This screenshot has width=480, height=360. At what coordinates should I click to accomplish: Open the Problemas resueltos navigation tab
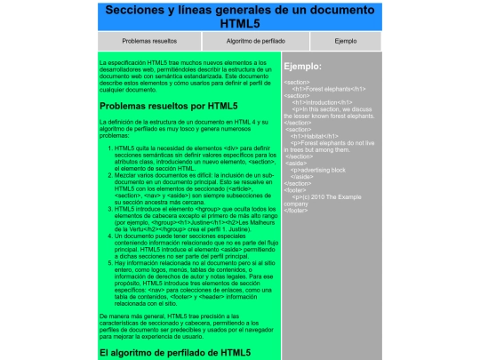(149, 41)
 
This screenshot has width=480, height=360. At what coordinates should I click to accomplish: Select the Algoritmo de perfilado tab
(255, 41)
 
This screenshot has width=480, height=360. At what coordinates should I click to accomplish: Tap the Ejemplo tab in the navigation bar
(345, 41)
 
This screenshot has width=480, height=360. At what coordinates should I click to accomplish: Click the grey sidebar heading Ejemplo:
(302, 67)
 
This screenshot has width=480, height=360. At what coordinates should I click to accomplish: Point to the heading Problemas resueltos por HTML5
(169, 107)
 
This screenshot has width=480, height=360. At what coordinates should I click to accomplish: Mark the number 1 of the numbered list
(109, 147)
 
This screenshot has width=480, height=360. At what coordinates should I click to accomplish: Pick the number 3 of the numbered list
(109, 209)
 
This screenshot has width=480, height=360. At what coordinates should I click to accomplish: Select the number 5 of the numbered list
(109, 263)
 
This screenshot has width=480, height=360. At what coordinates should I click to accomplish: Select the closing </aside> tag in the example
(302, 176)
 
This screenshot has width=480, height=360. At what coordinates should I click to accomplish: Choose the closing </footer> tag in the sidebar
(296, 210)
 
